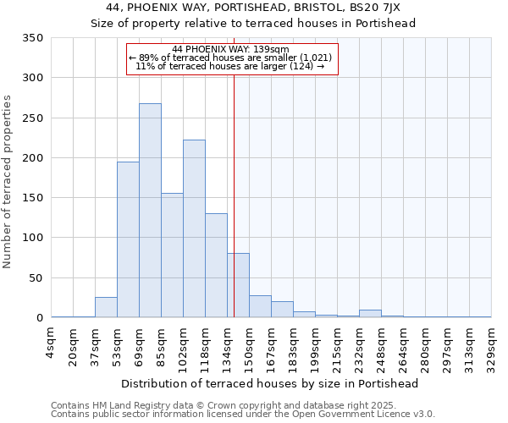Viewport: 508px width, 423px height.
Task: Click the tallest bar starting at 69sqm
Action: coord(150,211)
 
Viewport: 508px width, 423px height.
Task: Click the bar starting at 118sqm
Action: coord(216,266)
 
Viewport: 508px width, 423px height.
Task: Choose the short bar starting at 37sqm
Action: coord(106,308)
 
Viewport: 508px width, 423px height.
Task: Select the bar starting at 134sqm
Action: coord(238,285)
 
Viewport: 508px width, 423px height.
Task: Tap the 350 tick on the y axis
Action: coord(33,38)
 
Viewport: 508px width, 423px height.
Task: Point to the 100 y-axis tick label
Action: coord(33,238)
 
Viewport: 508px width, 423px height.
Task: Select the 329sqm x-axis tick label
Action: coord(491,348)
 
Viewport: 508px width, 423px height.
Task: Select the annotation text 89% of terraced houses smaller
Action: coord(230,58)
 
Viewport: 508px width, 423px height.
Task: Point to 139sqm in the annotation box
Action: coord(273,49)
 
